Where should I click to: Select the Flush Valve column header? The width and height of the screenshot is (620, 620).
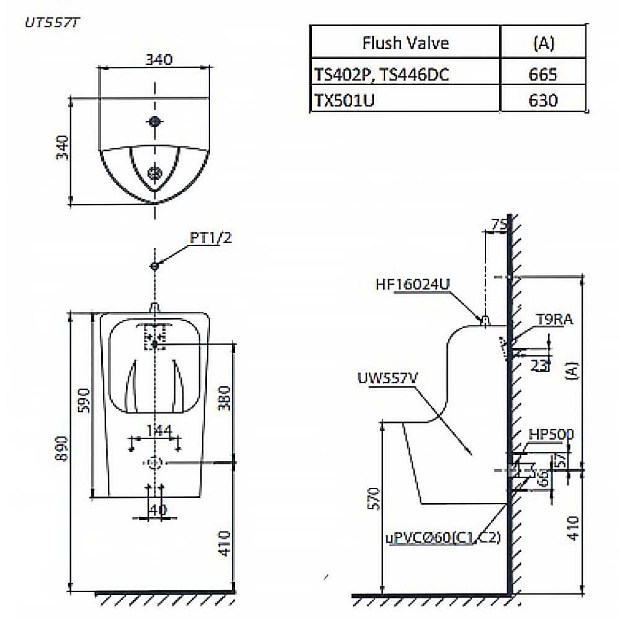pos(405,43)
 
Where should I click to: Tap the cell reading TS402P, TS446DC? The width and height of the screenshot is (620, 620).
pos(381,74)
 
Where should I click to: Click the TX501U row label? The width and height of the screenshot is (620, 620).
pos(344,100)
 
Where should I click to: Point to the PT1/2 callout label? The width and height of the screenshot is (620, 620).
pos(211,237)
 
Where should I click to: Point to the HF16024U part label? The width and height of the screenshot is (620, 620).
pos(412,285)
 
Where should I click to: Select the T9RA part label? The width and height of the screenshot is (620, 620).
pos(554,320)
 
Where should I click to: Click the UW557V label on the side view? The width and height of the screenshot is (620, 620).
pos(386,378)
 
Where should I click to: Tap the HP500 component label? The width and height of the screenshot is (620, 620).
pos(551,435)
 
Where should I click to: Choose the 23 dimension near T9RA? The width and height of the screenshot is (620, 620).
pos(539,365)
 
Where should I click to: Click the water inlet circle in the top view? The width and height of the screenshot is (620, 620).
pos(154,121)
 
